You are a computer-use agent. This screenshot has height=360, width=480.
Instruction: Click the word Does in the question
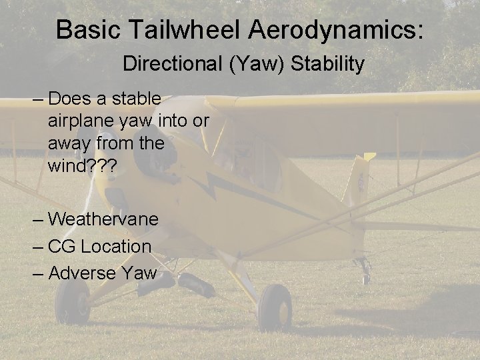[69, 99]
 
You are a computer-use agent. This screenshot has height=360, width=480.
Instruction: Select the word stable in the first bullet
[137, 99]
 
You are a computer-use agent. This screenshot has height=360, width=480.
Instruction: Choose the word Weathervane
[103, 219]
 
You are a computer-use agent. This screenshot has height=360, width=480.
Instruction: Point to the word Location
[116, 246]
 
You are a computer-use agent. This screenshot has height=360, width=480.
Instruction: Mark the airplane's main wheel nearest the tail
[274, 307]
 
